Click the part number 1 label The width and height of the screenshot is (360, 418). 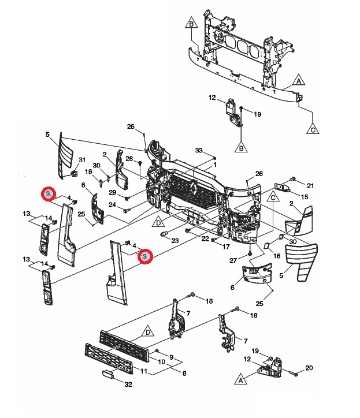[215, 165]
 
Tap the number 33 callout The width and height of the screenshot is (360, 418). [199, 150]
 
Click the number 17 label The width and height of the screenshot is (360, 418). [226, 247]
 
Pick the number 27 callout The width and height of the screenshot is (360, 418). [233, 260]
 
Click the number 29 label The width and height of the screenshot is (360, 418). [113, 192]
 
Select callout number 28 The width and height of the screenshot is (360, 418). [129, 158]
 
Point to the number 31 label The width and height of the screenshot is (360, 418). [82, 160]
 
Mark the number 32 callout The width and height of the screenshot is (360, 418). [128, 384]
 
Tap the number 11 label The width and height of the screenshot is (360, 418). [144, 371]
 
